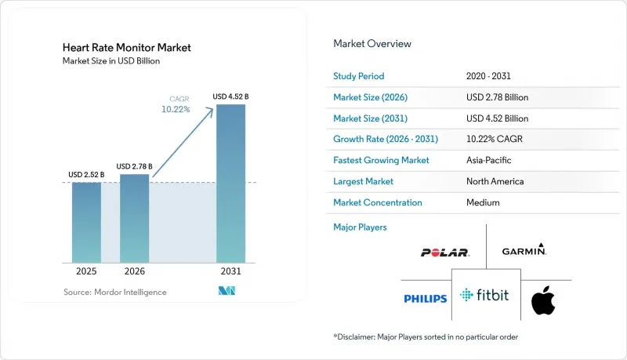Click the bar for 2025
86,223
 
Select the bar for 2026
134,218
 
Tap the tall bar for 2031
230,184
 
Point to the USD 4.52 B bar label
230,96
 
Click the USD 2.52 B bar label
86,174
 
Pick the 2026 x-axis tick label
134,271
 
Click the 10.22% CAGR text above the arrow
176,109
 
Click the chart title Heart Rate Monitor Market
127,48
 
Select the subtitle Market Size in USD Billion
111,61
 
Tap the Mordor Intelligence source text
114,292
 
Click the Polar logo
445,253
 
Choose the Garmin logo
524,249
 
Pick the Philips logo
426,299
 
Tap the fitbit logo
484,295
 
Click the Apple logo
543,300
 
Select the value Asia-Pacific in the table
488,160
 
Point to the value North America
495,181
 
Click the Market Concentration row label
378,202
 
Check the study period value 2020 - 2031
488,76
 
